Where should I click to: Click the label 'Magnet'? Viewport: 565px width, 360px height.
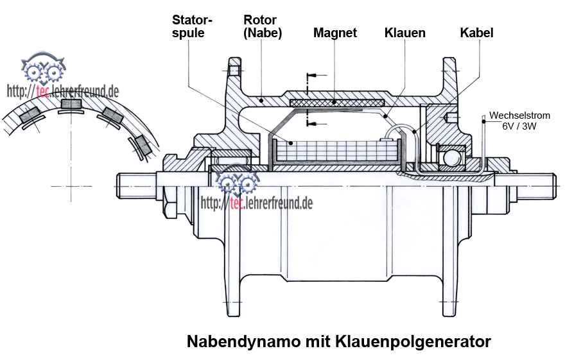coord(335,33)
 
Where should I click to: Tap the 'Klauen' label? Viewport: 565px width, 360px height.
coord(404,33)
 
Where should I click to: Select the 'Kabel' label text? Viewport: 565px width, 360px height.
coord(476,33)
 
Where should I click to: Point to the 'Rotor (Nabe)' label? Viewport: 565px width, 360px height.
coord(263,26)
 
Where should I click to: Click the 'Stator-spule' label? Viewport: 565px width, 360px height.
coord(192,26)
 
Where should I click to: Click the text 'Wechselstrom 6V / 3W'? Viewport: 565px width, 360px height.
coord(519,121)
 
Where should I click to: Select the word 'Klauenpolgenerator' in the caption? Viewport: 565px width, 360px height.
coord(413,341)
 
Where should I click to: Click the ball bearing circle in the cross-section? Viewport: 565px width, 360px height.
coord(451,157)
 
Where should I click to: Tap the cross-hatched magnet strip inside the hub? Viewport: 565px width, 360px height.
coord(337,103)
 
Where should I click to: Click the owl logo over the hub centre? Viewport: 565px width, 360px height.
coord(238,179)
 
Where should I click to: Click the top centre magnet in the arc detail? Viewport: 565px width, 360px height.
coord(71,104)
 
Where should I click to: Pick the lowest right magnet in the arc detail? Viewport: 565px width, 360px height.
coord(143,145)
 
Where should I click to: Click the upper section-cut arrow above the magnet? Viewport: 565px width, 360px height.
coord(317,76)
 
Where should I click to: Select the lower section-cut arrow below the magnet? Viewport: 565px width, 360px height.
coord(317,124)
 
